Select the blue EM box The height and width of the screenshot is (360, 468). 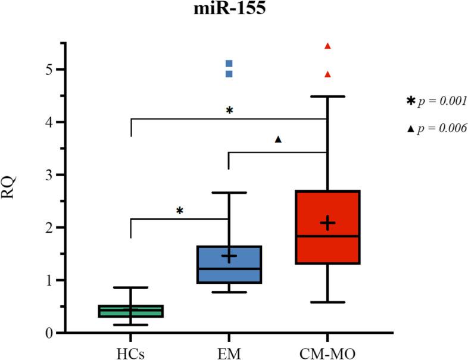click(x=229, y=265)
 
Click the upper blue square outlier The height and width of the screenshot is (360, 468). click(x=229, y=63)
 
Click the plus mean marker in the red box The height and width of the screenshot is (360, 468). click(x=327, y=223)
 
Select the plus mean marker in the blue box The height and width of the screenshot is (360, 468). click(x=229, y=256)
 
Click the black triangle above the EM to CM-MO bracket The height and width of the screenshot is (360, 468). click(x=277, y=139)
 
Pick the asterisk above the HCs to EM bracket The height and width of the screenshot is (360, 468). click(x=180, y=210)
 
